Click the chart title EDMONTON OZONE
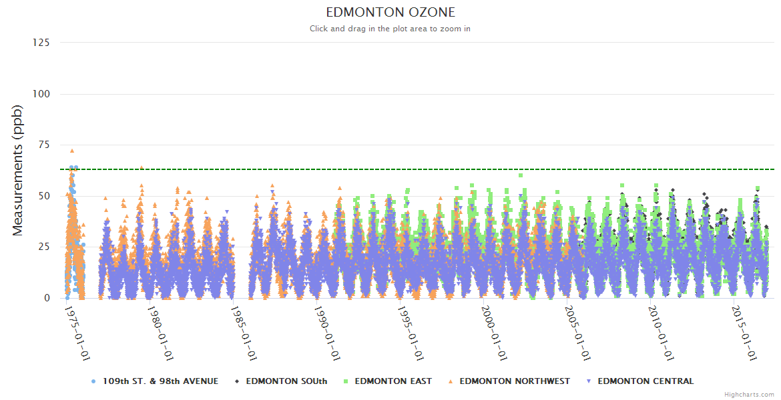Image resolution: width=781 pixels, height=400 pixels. coord(390,12)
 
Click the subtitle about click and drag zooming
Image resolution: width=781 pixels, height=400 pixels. coord(390,29)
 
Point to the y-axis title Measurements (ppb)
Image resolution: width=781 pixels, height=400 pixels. coord(18,171)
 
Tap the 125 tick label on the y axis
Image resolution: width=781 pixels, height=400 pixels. coord(41,43)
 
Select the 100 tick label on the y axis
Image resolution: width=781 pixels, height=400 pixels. coord(41,94)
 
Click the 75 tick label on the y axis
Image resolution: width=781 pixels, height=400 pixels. coord(43,145)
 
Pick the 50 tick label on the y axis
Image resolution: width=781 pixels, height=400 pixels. coord(43,196)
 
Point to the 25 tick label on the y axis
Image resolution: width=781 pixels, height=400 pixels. coord(43,247)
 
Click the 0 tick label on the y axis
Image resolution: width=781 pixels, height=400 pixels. coord(47,298)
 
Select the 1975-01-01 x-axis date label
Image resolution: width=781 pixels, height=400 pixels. coord(77,333)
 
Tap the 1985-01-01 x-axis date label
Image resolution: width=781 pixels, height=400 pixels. coord(244,333)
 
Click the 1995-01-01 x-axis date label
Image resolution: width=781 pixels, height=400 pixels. coord(411,333)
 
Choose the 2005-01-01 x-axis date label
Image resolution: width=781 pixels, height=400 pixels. coord(578,333)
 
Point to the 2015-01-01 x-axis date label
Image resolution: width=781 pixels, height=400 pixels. coord(745,333)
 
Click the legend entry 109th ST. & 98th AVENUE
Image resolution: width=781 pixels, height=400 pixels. coord(160,381)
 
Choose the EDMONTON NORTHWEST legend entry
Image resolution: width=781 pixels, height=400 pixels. coord(515,381)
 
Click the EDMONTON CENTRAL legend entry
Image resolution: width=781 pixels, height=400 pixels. coord(645,381)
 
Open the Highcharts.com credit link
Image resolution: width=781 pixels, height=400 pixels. coord(749,395)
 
